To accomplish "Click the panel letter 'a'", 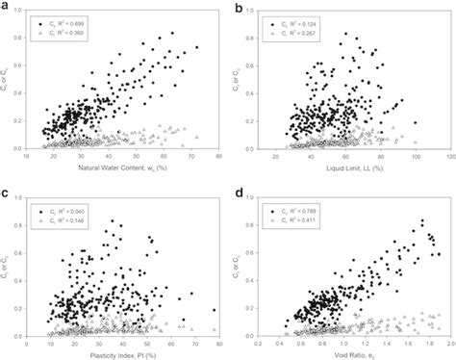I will tap(6, 8).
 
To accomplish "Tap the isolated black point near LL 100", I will tap(415, 122).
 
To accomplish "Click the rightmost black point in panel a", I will tap(197, 47).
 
